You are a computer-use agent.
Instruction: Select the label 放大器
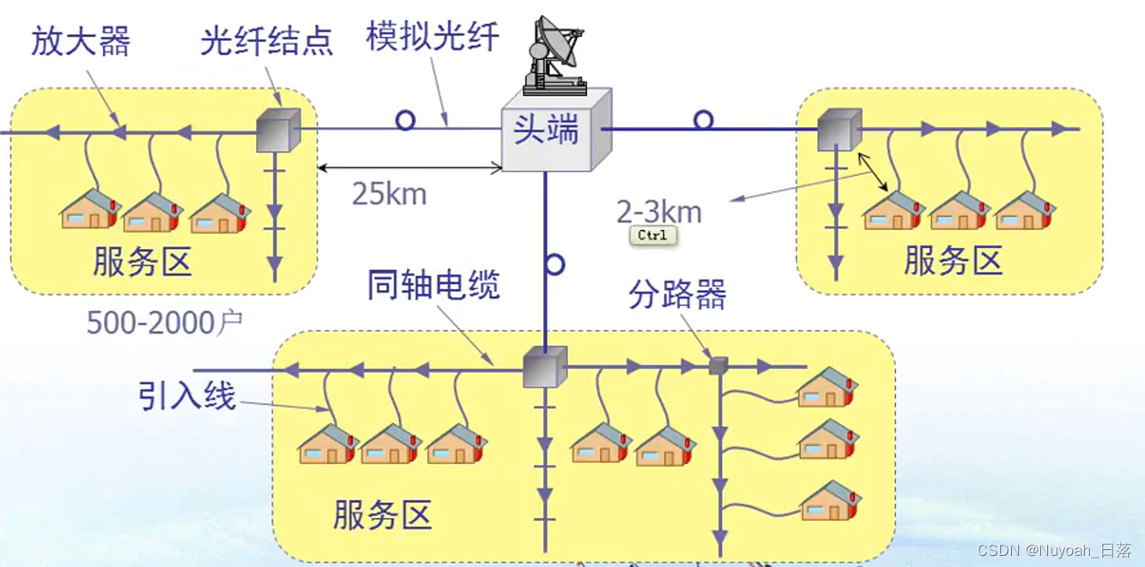click(81, 40)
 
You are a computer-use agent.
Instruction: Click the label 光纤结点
click(267, 41)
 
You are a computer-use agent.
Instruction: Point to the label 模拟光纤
click(433, 38)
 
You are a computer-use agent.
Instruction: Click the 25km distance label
click(389, 194)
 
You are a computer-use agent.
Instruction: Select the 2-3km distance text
click(658, 210)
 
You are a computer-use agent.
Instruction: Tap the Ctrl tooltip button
click(652, 235)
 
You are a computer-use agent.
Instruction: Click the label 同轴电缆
click(433, 286)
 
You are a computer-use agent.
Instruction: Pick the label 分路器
click(677, 295)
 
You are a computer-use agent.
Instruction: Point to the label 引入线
click(187, 395)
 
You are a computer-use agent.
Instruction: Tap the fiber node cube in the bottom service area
click(545, 367)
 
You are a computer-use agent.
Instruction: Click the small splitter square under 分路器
click(718, 366)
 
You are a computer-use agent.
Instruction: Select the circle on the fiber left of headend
click(405, 120)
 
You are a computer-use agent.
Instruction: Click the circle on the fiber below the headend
click(554, 264)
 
